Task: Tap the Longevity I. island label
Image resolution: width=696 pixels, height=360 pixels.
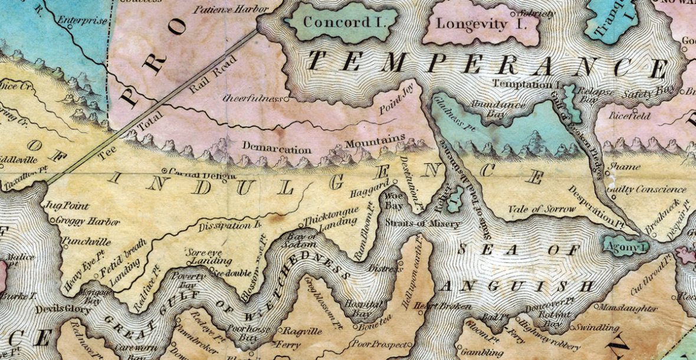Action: pyautogui.click(x=480, y=24)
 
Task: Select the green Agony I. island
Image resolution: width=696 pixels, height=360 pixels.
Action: pyautogui.click(x=625, y=244)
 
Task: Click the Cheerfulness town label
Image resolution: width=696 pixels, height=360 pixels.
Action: pyautogui.click(x=253, y=98)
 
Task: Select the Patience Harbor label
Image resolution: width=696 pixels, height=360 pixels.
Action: pyautogui.click(x=230, y=9)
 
